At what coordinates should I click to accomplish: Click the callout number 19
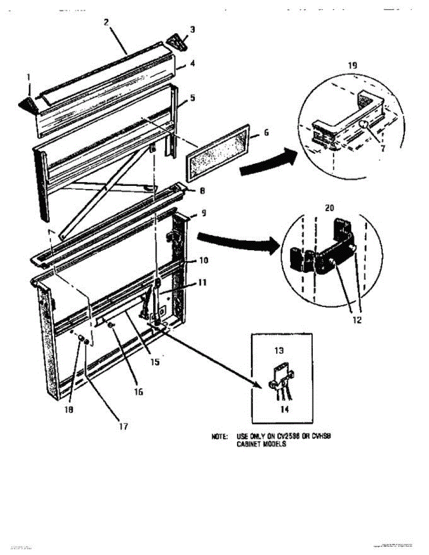coord(352,66)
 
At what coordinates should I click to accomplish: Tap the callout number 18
coord(69,409)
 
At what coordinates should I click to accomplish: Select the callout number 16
coord(138,391)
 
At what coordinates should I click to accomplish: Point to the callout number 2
coord(106,21)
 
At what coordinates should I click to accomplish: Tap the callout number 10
coord(203,260)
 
